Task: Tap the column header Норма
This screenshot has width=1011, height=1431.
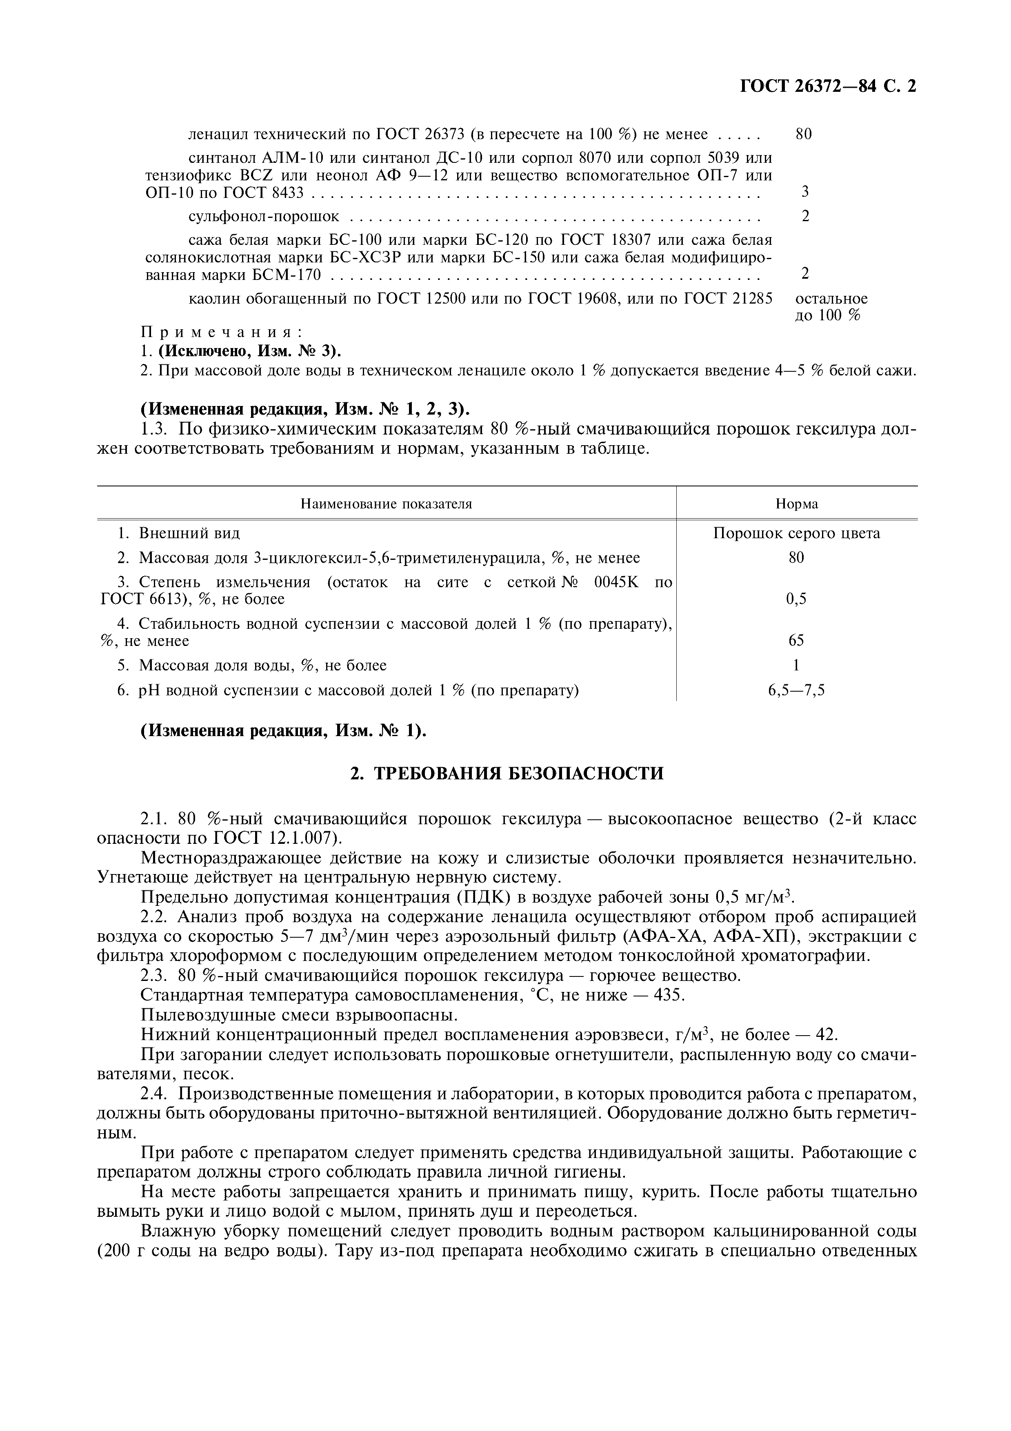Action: pyautogui.click(x=797, y=504)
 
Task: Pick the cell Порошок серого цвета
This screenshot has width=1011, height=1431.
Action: pyautogui.click(x=797, y=533)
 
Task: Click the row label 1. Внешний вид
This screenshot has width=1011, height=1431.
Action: pyautogui.click(x=179, y=533)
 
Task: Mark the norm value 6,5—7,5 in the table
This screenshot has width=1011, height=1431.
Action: pyautogui.click(x=797, y=690)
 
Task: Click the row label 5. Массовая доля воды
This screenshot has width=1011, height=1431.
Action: pyautogui.click(x=252, y=665)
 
